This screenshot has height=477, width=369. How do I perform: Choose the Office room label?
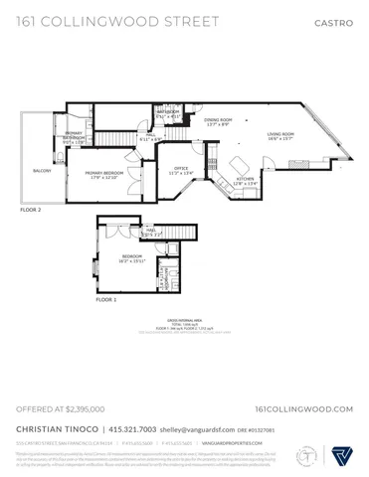point(181,170)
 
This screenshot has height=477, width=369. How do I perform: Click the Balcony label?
point(42,171)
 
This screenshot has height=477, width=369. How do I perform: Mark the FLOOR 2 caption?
point(33,211)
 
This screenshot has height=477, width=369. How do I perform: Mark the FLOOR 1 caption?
point(105,298)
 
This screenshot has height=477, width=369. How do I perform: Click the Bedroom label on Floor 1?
point(132,259)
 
